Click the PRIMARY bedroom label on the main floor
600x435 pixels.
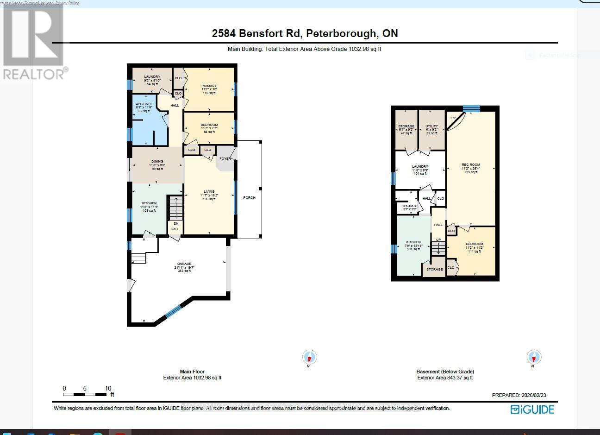tap(209, 86)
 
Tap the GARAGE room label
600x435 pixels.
tap(184, 264)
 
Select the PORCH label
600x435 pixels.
tap(249, 198)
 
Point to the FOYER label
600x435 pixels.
tap(225, 158)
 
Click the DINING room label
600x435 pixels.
tap(157, 162)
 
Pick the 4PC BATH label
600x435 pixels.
tap(143, 104)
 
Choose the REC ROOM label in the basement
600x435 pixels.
tap(471, 165)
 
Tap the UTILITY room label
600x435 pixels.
tap(431, 126)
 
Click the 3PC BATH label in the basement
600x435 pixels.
tap(410, 206)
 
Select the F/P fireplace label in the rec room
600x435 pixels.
tap(454, 118)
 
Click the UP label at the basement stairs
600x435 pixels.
tap(438, 240)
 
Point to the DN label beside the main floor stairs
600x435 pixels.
tap(175, 224)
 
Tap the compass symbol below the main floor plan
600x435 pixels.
tap(309, 358)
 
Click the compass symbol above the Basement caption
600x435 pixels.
tap(534, 358)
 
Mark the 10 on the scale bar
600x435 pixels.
tap(108, 388)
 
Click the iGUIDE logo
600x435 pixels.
tap(532, 410)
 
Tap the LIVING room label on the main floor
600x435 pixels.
tap(209, 191)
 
